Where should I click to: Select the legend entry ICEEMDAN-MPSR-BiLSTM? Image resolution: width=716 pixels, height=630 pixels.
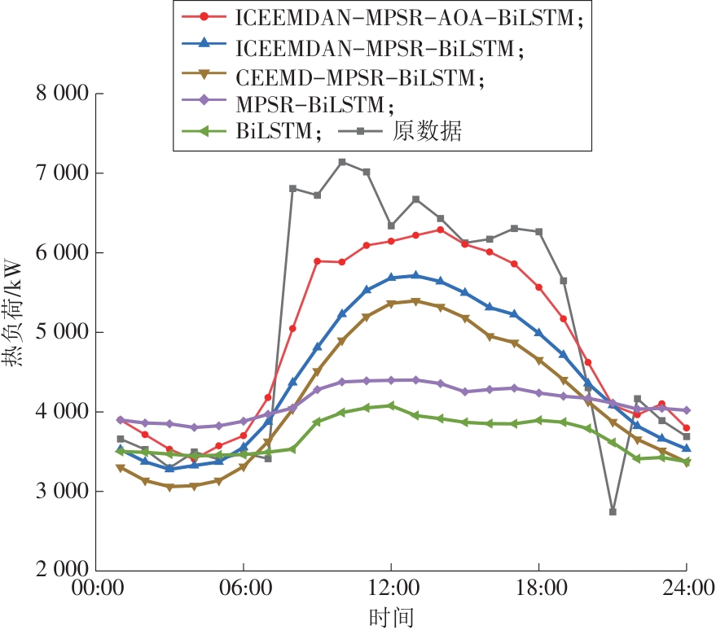coord(378,48)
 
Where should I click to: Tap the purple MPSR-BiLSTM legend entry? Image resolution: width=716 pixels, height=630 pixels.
coord(314,105)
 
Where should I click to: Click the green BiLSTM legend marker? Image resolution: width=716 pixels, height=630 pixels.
coord(205,133)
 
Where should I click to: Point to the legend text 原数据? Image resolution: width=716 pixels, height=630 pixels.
coord(428,133)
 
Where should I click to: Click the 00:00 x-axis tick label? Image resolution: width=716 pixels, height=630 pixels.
coord(96,588)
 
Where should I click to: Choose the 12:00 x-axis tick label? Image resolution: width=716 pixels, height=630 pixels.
coord(391,588)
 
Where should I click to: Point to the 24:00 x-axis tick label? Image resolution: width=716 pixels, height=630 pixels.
coord(686,588)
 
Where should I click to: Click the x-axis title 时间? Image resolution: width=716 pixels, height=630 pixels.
coord(390,615)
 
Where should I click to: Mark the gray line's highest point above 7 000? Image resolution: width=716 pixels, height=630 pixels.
coord(342,162)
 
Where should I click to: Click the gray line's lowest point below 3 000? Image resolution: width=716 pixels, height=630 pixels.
coord(613,511)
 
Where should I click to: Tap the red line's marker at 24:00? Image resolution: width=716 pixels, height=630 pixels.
coord(687,428)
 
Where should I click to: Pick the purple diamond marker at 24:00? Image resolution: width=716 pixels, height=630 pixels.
coord(687,410)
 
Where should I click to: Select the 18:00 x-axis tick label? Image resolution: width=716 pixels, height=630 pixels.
coord(538,588)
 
